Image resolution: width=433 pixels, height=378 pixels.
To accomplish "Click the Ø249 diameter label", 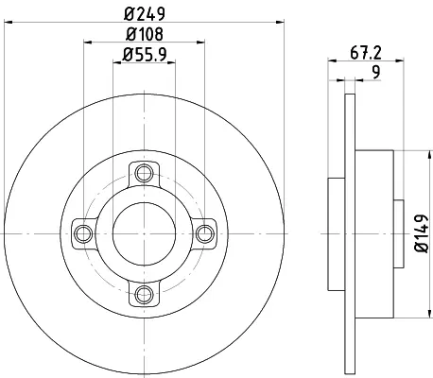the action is [145, 14].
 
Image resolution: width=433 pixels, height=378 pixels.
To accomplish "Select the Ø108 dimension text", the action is [145, 34].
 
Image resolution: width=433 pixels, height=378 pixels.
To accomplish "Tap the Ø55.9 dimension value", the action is [145, 55].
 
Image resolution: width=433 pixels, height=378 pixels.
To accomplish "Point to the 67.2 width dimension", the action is [366, 53].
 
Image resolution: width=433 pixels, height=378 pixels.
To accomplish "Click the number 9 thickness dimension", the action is [376, 72].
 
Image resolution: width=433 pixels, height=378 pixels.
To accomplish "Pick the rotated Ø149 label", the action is [422, 233].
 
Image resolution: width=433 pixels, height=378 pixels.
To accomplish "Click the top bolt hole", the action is [144, 173].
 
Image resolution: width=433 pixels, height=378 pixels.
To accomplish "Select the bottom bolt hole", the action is [144, 295].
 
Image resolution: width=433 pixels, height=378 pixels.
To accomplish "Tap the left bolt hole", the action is [83, 233].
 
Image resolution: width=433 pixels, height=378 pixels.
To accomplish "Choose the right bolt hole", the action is [205, 233].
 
